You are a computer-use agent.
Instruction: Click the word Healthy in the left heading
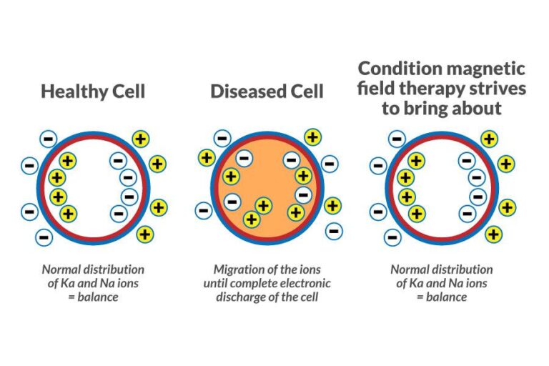(x=71, y=91)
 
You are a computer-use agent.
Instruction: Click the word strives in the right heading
(x=498, y=89)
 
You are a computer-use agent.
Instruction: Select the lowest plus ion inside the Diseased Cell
(x=252, y=219)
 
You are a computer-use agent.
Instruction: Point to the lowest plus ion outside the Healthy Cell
(x=145, y=233)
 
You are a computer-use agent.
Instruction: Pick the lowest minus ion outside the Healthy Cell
(x=44, y=237)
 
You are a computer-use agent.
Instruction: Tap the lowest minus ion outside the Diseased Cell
(x=333, y=231)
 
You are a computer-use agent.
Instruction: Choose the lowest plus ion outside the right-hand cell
(x=493, y=234)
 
